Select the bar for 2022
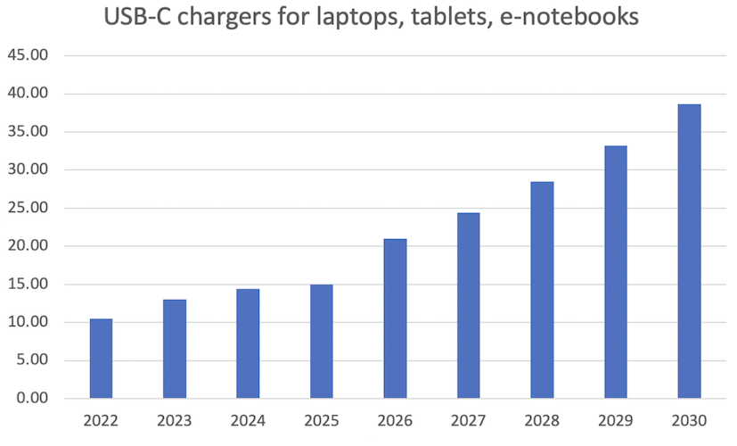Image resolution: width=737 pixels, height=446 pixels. click(102, 359)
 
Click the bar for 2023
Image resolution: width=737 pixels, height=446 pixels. click(175, 349)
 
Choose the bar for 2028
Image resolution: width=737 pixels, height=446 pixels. click(542, 290)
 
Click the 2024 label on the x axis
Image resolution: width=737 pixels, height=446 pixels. click(248, 421)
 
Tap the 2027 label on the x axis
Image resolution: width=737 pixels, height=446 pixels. click(468, 421)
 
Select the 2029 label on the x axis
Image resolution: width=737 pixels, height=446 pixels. click(615, 421)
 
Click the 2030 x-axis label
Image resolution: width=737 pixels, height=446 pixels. click(689, 421)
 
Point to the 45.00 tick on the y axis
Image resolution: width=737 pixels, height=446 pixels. click(29, 55)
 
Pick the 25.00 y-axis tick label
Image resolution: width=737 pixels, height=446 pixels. click(29, 208)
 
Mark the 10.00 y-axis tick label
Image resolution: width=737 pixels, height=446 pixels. click(29, 322)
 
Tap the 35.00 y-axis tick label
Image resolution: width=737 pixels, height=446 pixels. click(29, 132)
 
